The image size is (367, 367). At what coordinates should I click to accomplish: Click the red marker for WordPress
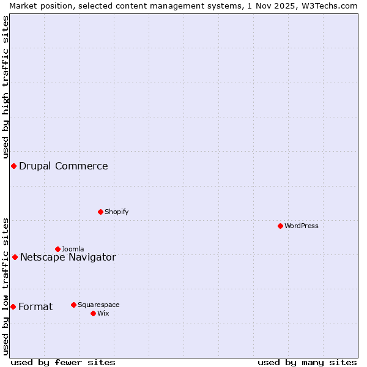click(x=280, y=226)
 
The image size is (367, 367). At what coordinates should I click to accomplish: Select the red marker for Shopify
click(x=100, y=212)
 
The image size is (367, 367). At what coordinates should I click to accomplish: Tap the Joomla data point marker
click(x=57, y=249)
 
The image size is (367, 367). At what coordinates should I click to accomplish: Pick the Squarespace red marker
click(x=73, y=305)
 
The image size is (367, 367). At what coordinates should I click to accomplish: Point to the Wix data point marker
click(x=93, y=313)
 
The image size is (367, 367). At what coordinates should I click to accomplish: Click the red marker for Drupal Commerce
click(x=13, y=166)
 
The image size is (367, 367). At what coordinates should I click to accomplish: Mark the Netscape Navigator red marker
click(x=15, y=257)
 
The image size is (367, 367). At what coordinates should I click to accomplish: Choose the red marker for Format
click(x=13, y=306)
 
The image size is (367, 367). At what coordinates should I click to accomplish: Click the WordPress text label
click(x=302, y=226)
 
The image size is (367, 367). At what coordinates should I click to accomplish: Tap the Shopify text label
click(x=117, y=212)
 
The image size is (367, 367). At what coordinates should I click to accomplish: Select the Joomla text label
click(x=73, y=249)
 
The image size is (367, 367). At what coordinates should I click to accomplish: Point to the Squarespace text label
click(x=98, y=305)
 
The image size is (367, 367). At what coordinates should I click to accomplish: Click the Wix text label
click(x=103, y=313)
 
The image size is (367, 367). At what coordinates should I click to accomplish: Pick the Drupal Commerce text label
click(x=64, y=166)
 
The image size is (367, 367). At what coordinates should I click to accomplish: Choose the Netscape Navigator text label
click(x=68, y=257)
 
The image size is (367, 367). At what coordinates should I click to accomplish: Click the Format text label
click(x=35, y=306)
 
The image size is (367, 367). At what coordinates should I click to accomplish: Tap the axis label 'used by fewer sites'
click(x=63, y=362)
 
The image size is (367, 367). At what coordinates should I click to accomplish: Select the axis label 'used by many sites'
click(x=307, y=362)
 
